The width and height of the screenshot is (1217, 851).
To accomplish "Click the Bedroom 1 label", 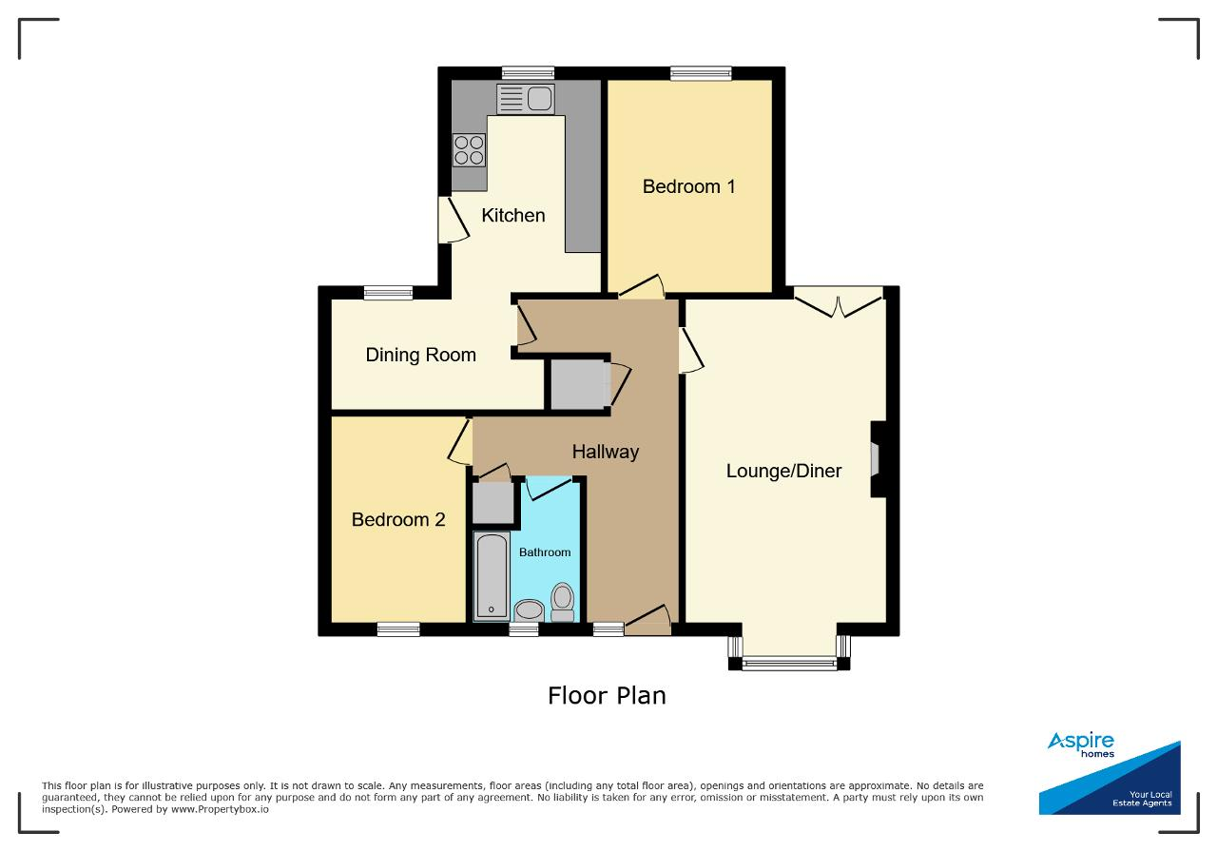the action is coord(689,186).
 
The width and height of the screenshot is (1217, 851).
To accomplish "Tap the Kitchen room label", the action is coord(512,215).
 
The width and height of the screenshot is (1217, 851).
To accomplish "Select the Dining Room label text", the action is coord(420,355).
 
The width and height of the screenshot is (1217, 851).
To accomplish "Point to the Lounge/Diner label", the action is coord(783,471).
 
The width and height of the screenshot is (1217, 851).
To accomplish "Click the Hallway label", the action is coord(606,452).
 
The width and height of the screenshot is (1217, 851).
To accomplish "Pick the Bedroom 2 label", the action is coord(398,519).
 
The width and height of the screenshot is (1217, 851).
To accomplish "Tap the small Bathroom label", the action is coord(545,552).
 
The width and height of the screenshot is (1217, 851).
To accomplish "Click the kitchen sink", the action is coord(526,99).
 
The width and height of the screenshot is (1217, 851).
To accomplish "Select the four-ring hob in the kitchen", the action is coord(470,150).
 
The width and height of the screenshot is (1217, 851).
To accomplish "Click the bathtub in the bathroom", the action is coord(492,576).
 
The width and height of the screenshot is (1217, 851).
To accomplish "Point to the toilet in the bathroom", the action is coord(563,603).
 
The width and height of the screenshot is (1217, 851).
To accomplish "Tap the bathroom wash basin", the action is coord(530,610).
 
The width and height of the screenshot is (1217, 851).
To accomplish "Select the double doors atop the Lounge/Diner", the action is coord(839,302).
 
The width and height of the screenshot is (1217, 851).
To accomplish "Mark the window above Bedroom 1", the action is coord(701,73).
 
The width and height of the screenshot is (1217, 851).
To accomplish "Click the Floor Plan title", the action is coord(607,696).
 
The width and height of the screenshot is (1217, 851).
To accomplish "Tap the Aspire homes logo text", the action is coord(1081,745).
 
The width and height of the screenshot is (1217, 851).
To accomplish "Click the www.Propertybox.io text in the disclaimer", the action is coord(220,809).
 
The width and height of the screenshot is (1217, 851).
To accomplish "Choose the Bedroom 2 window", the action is coord(398,629).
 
